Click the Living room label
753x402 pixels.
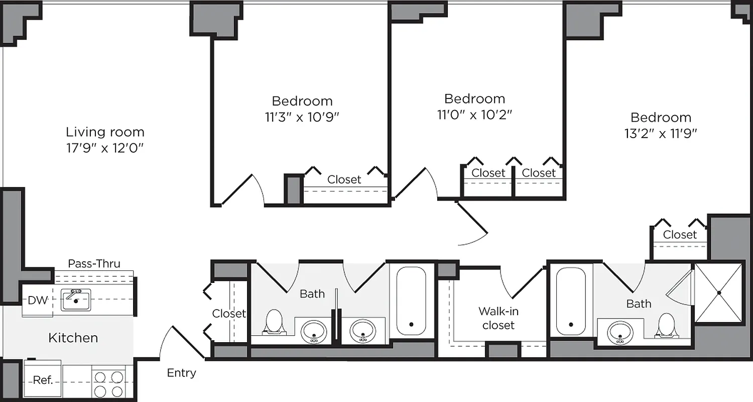[105, 132]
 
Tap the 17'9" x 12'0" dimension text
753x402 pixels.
[105, 148]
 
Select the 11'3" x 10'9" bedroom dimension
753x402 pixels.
[302, 117]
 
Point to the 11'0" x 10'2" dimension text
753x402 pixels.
[474, 115]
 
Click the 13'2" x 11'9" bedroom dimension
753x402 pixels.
[661, 133]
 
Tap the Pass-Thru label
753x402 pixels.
[94, 264]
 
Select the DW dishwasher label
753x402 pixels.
[37, 300]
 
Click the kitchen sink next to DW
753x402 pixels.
[76, 300]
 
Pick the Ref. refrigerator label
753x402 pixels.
[43, 380]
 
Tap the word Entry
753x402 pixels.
[181, 373]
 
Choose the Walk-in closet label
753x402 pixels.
[498, 318]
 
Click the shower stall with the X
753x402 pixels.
[718, 292]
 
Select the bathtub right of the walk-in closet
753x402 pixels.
[571, 301]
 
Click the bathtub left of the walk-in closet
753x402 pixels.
[411, 301]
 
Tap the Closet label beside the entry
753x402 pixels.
[229, 314]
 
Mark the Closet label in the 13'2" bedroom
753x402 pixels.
[680, 235]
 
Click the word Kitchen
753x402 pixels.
[73, 338]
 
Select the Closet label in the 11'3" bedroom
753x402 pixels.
[344, 179]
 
